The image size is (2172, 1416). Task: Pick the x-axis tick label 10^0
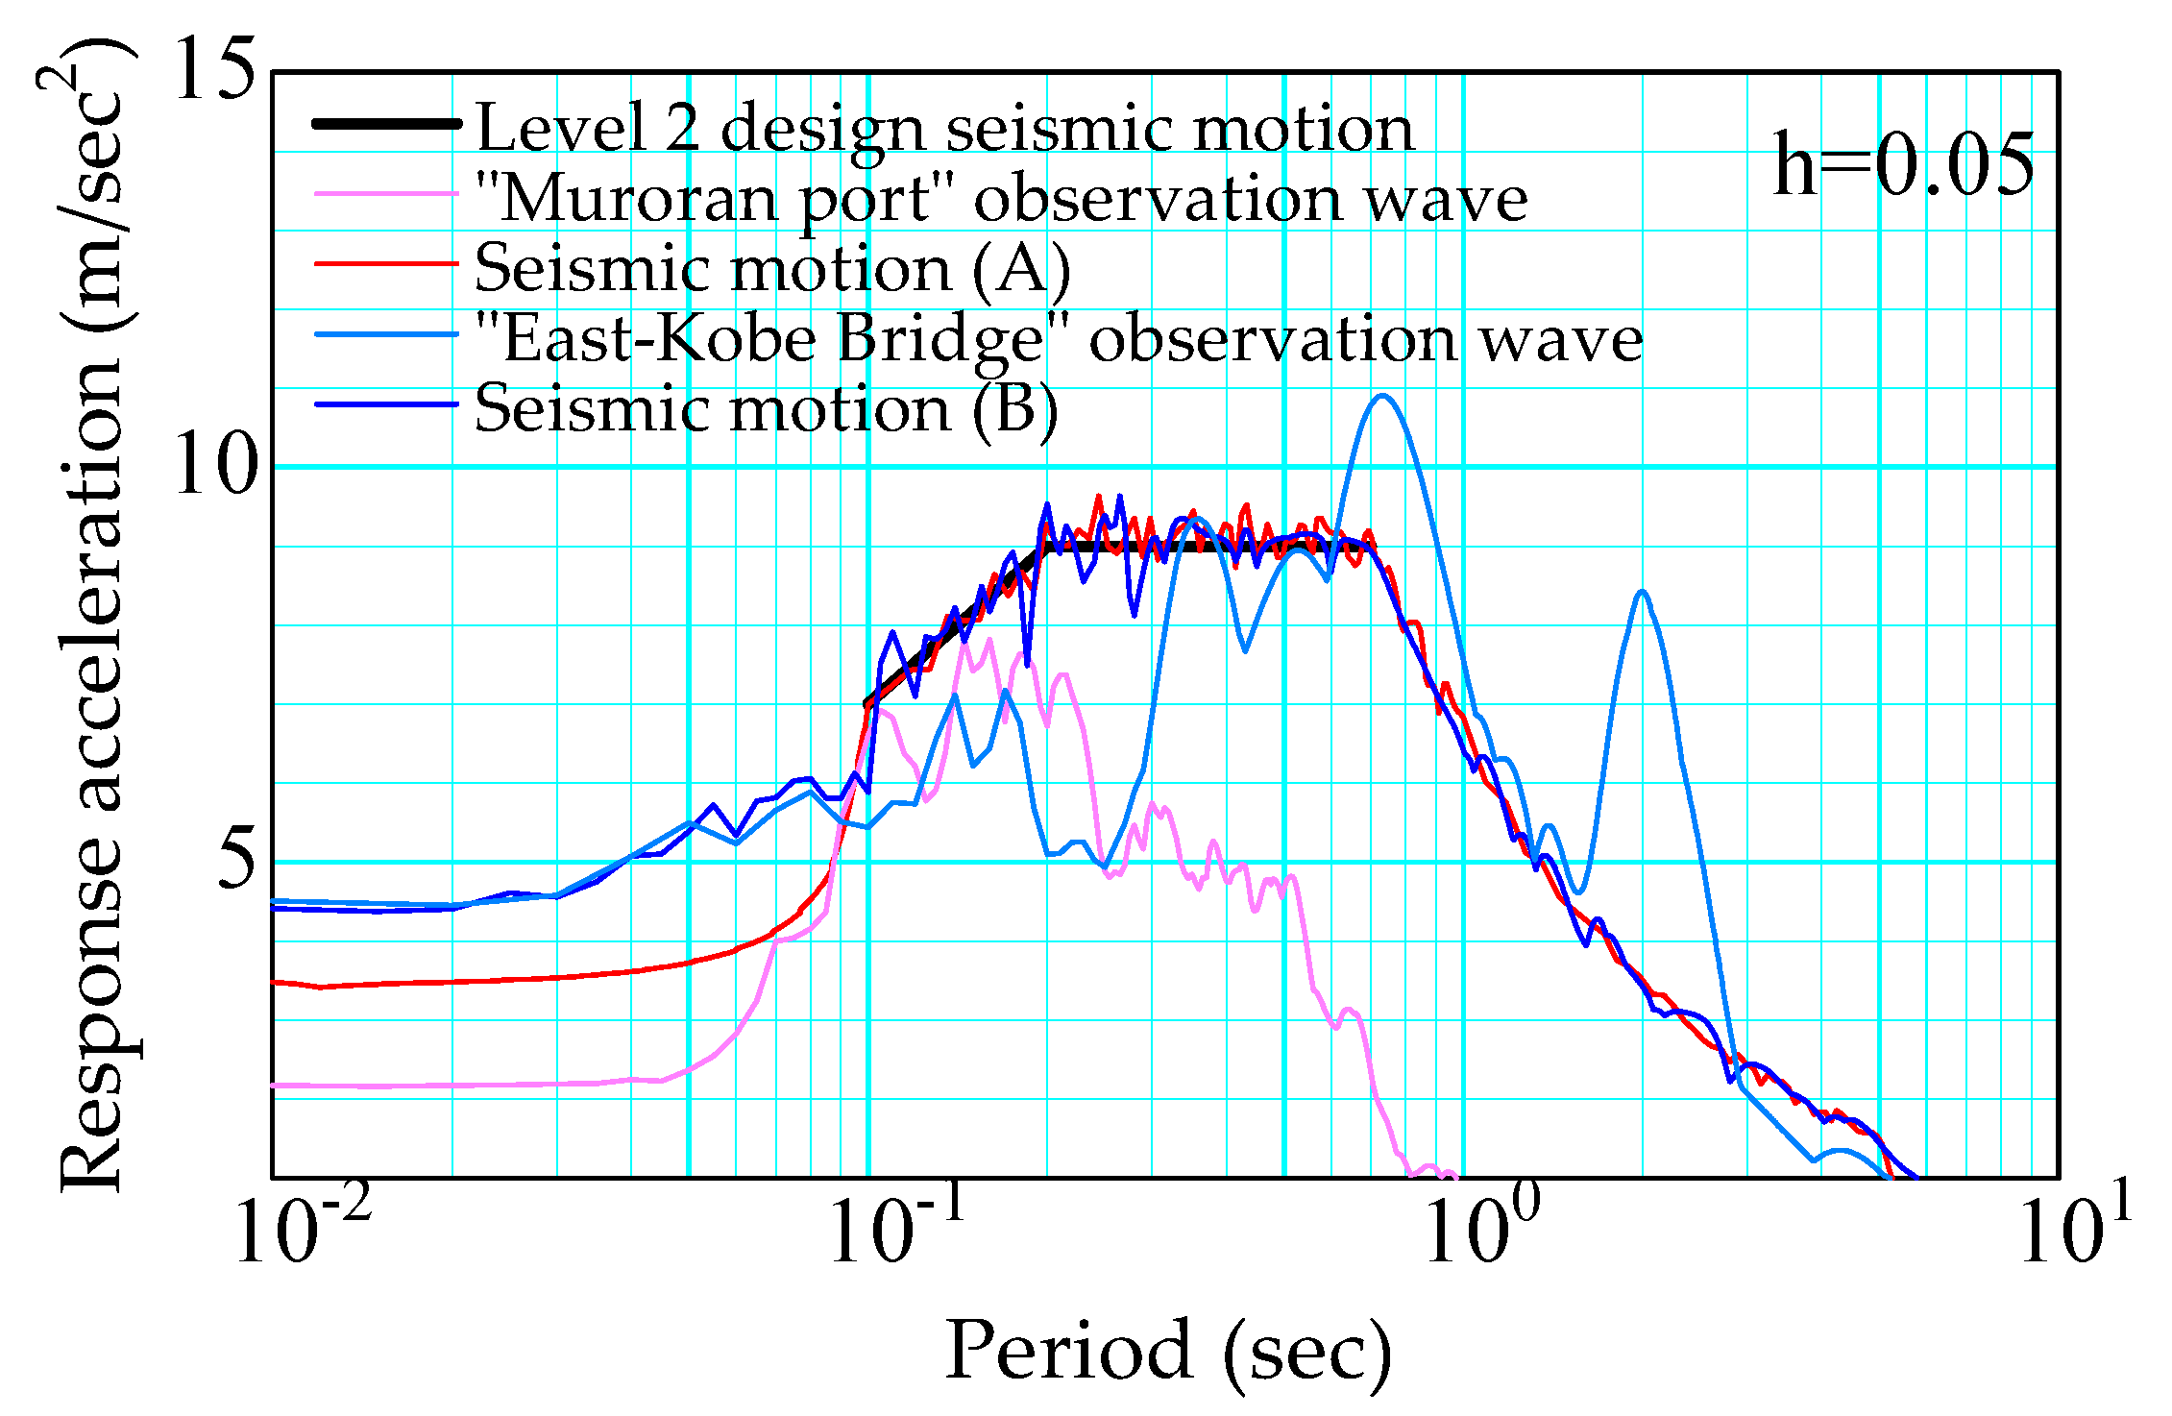(1480, 1230)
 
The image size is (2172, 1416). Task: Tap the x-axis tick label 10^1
(2075, 1230)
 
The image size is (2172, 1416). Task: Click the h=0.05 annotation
(1902, 165)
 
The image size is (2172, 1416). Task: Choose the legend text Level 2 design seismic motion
(945, 128)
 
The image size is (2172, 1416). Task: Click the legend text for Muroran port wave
(1001, 199)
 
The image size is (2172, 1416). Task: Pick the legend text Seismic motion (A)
(772, 268)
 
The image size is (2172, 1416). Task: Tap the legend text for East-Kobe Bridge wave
(1059, 339)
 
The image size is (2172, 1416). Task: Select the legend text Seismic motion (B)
(767, 409)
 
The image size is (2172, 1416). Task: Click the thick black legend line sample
(387, 124)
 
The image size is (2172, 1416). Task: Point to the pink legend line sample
(387, 194)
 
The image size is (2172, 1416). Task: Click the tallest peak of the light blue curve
(1382, 396)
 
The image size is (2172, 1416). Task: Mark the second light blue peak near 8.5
(1643, 592)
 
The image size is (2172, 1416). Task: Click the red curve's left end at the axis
(276, 982)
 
